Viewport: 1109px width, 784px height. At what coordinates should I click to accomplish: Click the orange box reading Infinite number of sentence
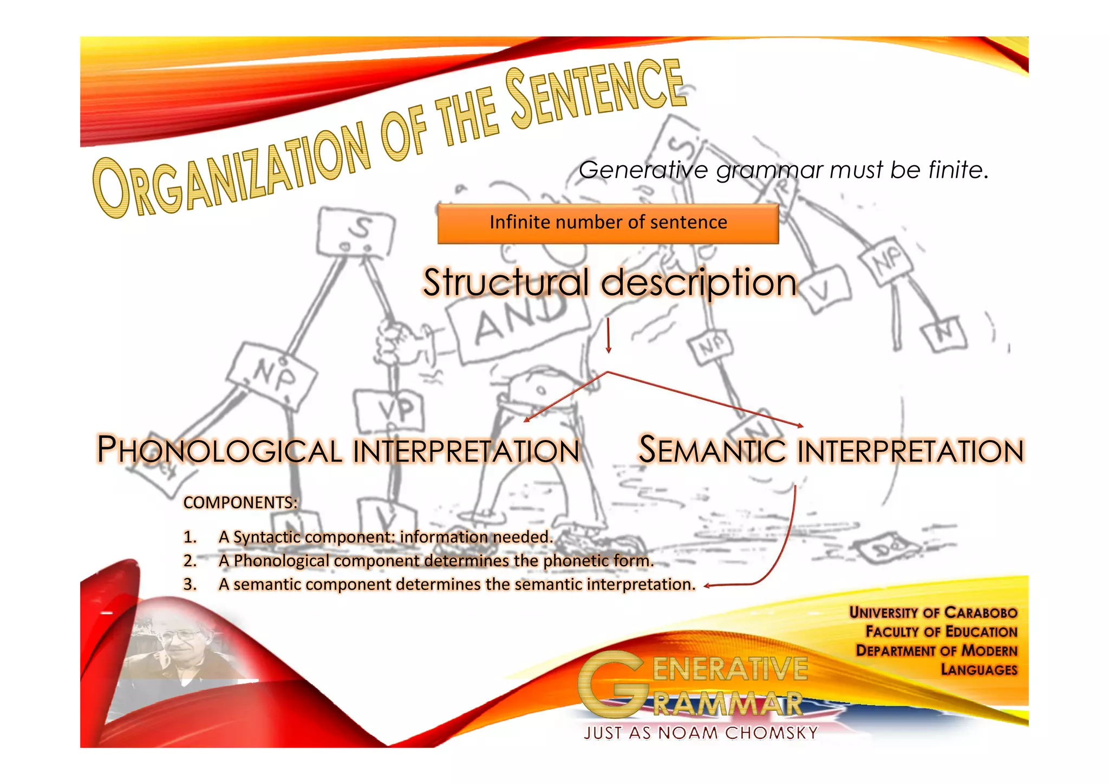(608, 223)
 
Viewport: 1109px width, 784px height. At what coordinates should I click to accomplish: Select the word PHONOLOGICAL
(219, 450)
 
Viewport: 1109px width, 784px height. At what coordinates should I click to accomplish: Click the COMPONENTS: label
(240, 503)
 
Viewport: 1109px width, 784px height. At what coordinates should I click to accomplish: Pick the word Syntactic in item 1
(266, 537)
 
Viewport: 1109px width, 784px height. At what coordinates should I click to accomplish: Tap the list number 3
(190, 584)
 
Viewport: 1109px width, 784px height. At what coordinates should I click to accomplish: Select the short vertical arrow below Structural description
(608, 335)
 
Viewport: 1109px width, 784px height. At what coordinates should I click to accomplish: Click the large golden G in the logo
(612, 684)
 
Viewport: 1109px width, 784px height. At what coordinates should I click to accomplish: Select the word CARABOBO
(981, 612)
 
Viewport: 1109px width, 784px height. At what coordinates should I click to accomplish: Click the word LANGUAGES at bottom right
(979, 670)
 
